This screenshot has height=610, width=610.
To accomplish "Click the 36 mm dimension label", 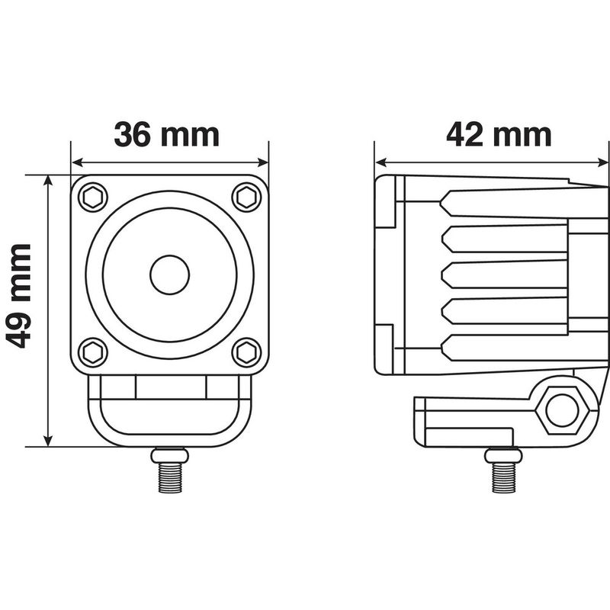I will [x=167, y=134].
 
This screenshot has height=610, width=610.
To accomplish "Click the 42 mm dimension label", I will [x=499, y=134].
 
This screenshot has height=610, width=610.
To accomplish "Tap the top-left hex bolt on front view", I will [x=93, y=197].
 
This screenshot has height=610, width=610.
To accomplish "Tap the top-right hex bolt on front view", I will [x=246, y=197].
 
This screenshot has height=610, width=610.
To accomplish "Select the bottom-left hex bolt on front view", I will [x=93, y=352].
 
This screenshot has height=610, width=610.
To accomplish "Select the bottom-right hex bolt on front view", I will [x=246, y=352].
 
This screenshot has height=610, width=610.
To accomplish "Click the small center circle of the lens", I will [x=169, y=275].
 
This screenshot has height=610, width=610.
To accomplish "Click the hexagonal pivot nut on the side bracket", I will [x=562, y=412].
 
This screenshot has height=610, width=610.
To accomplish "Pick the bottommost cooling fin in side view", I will [x=503, y=347].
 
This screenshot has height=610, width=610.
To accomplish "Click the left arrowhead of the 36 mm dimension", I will [x=76, y=162].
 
